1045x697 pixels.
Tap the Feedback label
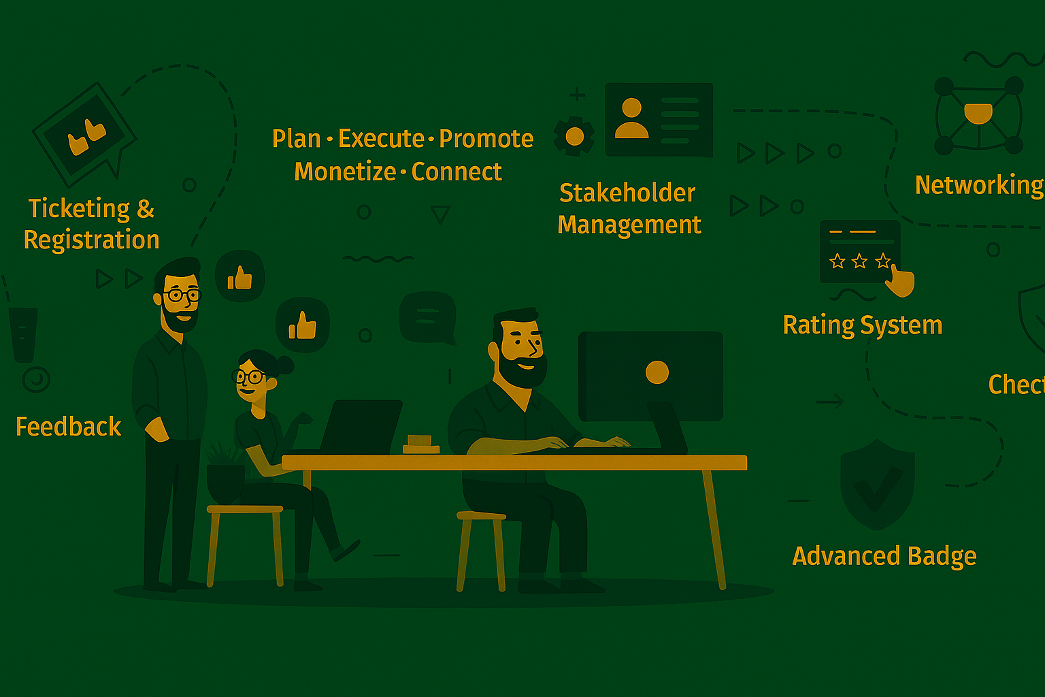[68, 427]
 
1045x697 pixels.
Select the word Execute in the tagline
[382, 139]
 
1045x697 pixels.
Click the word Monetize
[345, 172]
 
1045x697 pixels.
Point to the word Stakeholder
[627, 193]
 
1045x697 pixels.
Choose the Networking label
[978, 185]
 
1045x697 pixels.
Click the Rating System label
[863, 325]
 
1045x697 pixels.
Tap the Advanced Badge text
[884, 556]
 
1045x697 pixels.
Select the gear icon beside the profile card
[574, 136]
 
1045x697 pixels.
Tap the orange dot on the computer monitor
[657, 372]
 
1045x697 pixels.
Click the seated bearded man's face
[520, 347]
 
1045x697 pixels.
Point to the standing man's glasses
[182, 295]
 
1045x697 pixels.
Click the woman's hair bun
[284, 365]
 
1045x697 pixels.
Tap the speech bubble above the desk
[427, 317]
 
